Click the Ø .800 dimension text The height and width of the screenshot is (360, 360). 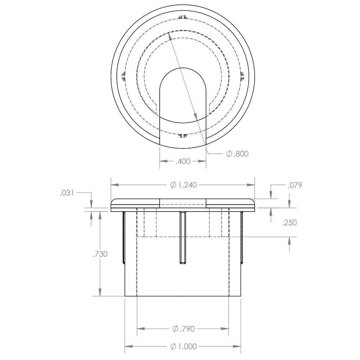[237, 154]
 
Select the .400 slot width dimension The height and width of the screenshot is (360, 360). [183, 162]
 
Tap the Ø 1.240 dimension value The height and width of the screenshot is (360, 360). [183, 185]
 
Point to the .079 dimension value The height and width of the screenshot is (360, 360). [295, 185]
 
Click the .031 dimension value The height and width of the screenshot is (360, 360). [67, 193]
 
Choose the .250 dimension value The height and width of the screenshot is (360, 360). [289, 222]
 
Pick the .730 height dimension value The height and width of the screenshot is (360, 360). [100, 254]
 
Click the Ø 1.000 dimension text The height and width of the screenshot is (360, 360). [183, 346]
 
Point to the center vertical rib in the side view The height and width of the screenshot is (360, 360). [183, 238]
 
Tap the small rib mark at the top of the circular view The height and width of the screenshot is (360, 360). [183, 17]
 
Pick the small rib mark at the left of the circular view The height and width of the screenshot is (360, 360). [124, 77]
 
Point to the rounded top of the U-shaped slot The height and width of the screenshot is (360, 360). [183, 69]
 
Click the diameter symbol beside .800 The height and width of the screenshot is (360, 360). [229, 154]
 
